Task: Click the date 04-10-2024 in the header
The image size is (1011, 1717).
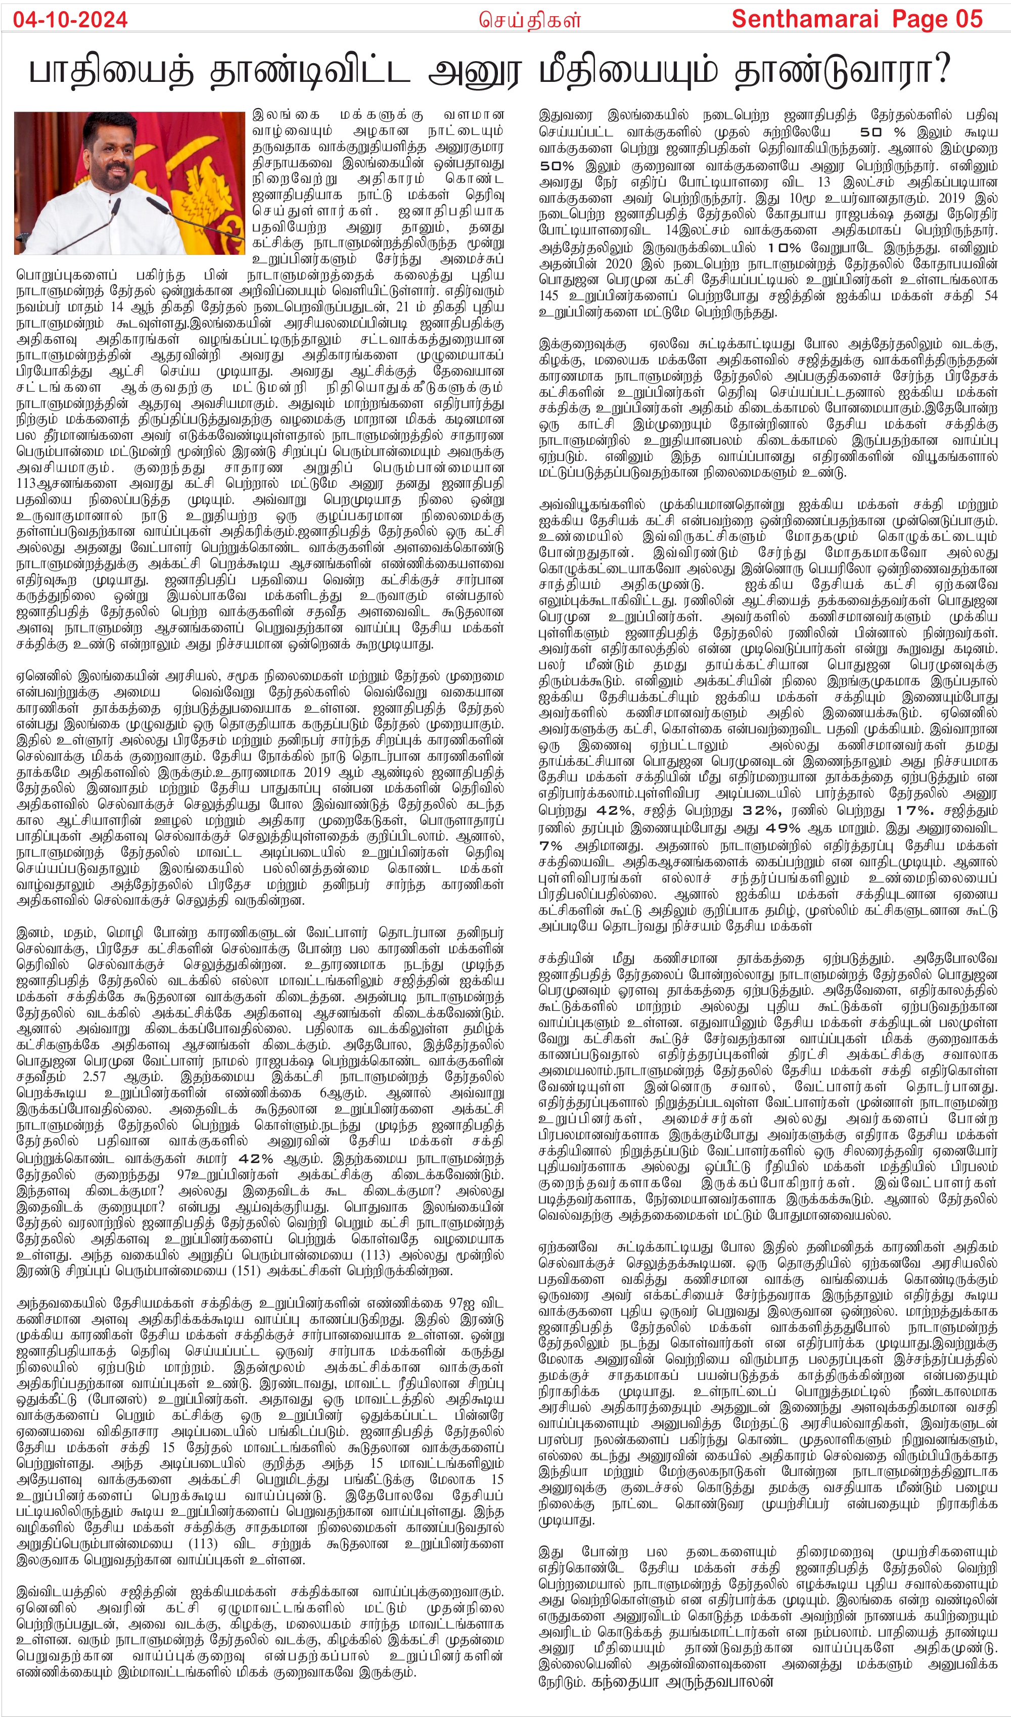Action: [x=70, y=20]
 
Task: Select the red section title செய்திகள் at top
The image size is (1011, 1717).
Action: [x=529, y=20]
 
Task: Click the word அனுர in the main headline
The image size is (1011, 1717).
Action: [x=476, y=71]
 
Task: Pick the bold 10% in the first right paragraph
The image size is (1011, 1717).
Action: [x=784, y=248]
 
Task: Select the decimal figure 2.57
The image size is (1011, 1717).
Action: [x=94, y=1077]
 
